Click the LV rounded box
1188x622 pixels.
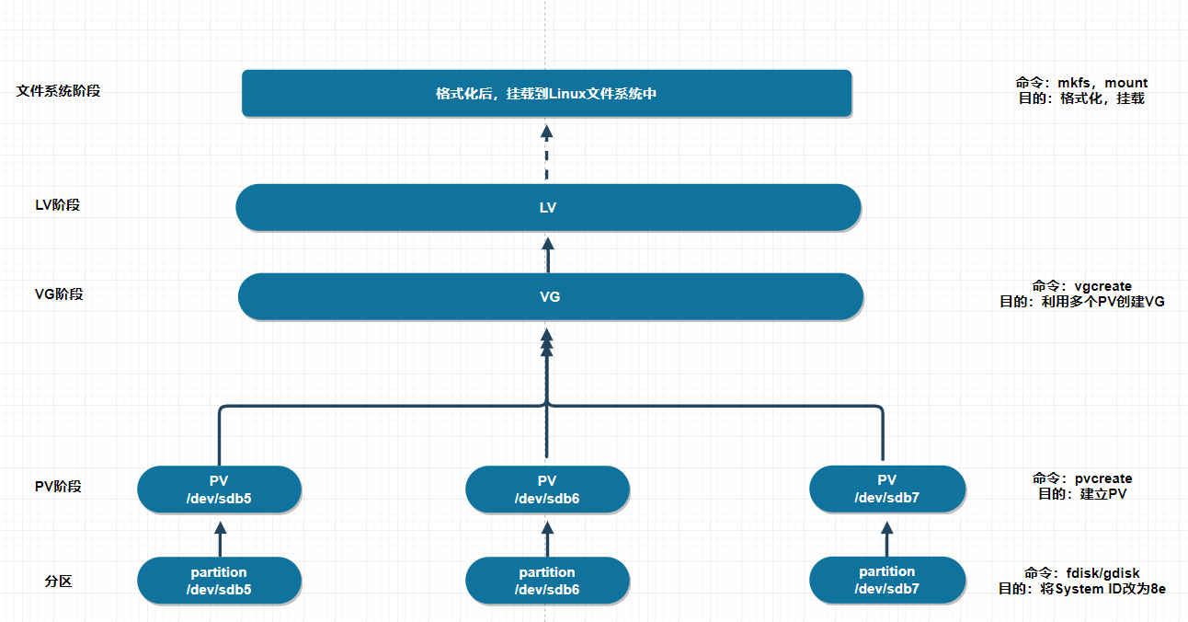click(548, 207)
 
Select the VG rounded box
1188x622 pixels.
click(550, 296)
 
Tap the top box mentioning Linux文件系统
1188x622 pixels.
click(546, 93)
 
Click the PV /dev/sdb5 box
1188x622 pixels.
click(219, 490)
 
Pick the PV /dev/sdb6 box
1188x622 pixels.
click(547, 490)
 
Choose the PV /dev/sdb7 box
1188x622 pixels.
click(886, 489)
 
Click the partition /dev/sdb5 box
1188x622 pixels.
click(219, 581)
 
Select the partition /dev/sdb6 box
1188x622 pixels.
click(547, 581)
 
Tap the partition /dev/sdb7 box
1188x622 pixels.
click(886, 580)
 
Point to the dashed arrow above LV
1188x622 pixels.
click(546, 151)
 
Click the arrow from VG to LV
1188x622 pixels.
click(548, 254)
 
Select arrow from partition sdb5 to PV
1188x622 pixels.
click(219, 537)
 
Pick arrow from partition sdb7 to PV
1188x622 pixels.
click(886, 537)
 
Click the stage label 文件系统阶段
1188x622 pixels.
click(58, 91)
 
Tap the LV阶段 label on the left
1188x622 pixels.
click(58, 204)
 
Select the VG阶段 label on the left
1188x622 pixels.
click(59, 294)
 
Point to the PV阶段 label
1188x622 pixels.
click(58, 486)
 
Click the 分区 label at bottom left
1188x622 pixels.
click(58, 582)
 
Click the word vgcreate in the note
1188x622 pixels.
click(1102, 286)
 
